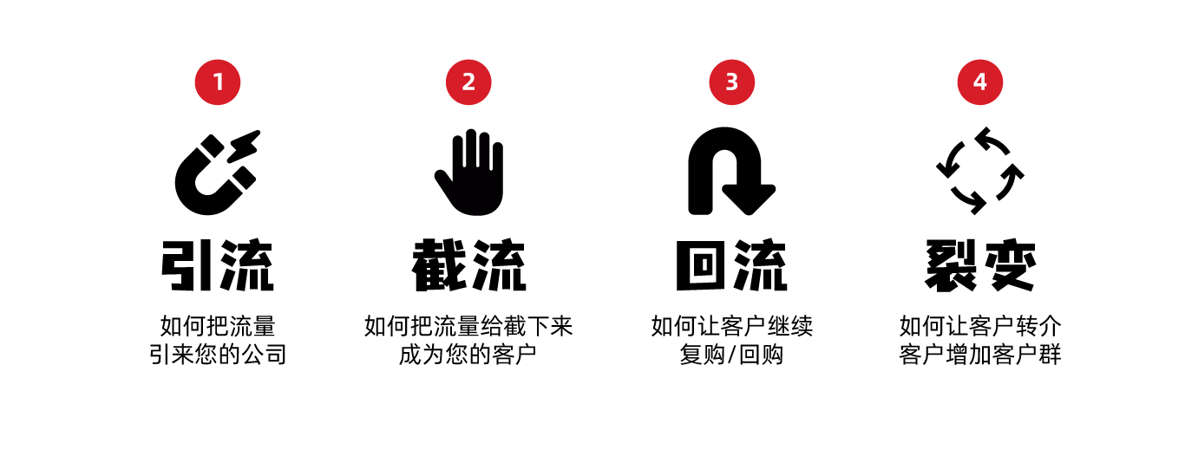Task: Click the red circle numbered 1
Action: point(217,82)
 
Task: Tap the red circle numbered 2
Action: point(468,82)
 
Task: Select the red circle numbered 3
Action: point(731,82)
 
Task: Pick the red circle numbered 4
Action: point(979,82)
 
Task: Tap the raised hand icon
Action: point(469,173)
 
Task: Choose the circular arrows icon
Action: point(980,171)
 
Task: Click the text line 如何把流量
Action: point(218,327)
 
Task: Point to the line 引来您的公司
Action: point(218,355)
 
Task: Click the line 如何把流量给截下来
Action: point(468,327)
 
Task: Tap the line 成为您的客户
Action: point(468,355)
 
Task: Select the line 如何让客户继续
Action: point(731,327)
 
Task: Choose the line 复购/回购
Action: point(731,355)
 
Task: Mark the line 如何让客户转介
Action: point(980,327)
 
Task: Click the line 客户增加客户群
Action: point(980,355)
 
